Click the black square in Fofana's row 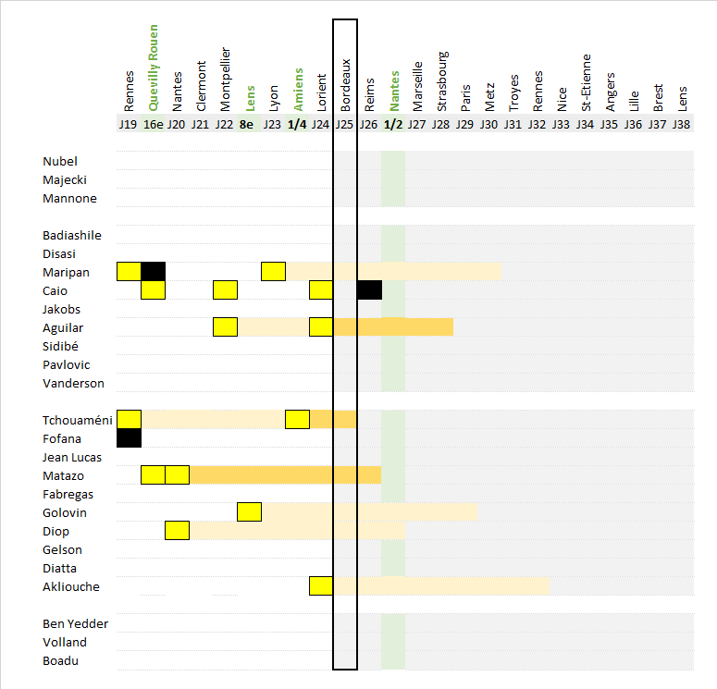pyautogui.click(x=129, y=438)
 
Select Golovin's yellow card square pyautogui.click(x=250, y=512)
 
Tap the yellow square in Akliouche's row pyautogui.click(x=321, y=586)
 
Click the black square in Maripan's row pyautogui.click(x=153, y=271)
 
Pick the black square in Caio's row pyautogui.click(x=369, y=289)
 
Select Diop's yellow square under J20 pyautogui.click(x=177, y=531)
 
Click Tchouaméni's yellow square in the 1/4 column pyautogui.click(x=297, y=420)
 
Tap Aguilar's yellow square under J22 pyautogui.click(x=225, y=327)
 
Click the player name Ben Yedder pyautogui.click(x=75, y=623)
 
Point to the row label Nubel pyautogui.click(x=60, y=161)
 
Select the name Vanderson pyautogui.click(x=73, y=383)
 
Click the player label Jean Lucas pyautogui.click(x=72, y=457)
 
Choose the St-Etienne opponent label pyautogui.click(x=586, y=89)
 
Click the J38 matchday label pyautogui.click(x=681, y=124)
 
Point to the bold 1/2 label pyautogui.click(x=393, y=124)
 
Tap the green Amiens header pyautogui.click(x=297, y=89)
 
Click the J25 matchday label pyautogui.click(x=345, y=124)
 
